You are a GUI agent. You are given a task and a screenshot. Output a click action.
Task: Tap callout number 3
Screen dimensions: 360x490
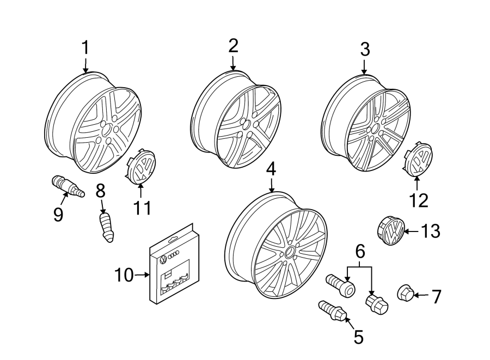coord(365,50)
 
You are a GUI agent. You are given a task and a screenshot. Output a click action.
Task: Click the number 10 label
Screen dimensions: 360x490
coord(125,276)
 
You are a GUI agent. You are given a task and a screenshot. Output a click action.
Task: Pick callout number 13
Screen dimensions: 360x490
coord(430,231)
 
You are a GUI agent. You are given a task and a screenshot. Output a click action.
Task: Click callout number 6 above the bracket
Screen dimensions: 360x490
coord(359,252)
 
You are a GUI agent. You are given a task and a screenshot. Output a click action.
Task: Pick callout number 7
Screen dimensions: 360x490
coord(436,297)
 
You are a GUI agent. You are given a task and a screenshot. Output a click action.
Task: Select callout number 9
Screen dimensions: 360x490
coord(58,214)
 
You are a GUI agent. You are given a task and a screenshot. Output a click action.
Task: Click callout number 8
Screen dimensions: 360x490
coord(101,191)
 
